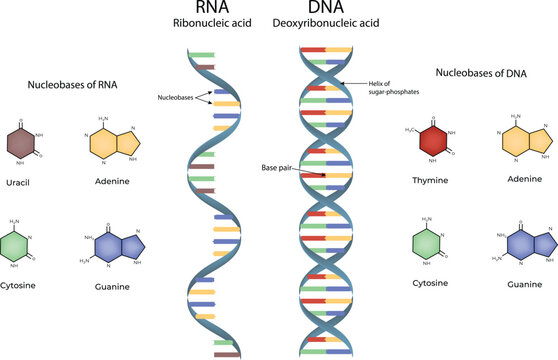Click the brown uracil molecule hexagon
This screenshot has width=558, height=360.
21,143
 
